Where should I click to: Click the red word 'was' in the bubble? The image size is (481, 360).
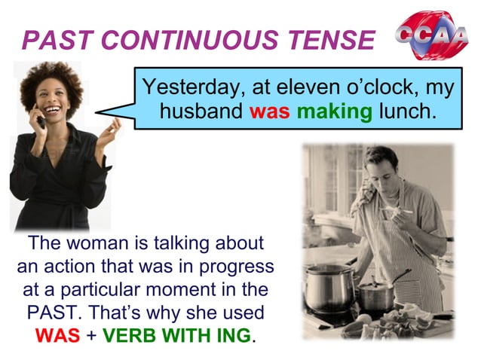pyautogui.click(x=269, y=113)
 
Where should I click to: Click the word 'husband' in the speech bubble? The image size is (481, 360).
pyautogui.click(x=201, y=113)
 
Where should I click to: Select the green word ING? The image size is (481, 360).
pyautogui.click(x=235, y=335)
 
